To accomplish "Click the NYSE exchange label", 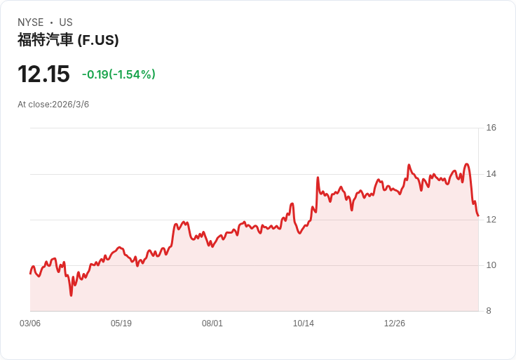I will click(x=30, y=22).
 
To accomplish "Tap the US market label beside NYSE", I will click(x=66, y=22).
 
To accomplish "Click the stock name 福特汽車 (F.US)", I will click(x=68, y=40).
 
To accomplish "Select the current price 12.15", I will click(x=43, y=74).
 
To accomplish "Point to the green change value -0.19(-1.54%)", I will click(x=118, y=74).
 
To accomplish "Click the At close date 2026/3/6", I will click(x=53, y=105).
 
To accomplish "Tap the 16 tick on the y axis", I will click(x=491, y=128).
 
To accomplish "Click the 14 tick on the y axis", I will click(x=491, y=174).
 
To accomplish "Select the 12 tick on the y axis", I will click(x=491, y=220).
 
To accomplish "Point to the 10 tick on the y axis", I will click(x=491, y=265).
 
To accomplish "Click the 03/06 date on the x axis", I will click(x=30, y=324).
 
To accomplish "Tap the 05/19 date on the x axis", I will click(x=121, y=324).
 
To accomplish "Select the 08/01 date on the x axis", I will click(x=212, y=324).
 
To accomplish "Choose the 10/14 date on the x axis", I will click(x=304, y=324).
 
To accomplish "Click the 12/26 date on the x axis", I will click(x=395, y=324).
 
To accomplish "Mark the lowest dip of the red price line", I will click(x=71, y=295).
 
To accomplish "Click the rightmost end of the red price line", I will click(x=478, y=215).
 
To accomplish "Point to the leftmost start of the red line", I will click(x=30, y=273).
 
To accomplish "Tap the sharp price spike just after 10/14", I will click(x=318, y=178).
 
